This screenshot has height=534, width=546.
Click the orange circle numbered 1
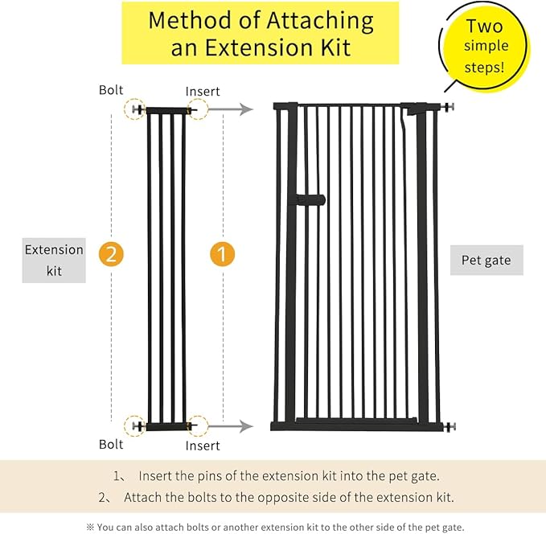[222, 254]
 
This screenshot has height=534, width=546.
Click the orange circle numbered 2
[111, 254]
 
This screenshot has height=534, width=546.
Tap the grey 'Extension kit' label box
[54, 261]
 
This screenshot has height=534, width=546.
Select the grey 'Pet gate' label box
[486, 261]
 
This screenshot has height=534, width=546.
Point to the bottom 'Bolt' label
[111, 444]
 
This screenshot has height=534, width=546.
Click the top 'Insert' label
[203, 92]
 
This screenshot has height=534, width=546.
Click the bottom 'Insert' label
[203, 446]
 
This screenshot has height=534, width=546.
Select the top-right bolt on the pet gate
[448, 106]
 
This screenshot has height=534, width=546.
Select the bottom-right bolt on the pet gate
[449, 425]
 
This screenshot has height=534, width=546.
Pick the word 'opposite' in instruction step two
[280, 498]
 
